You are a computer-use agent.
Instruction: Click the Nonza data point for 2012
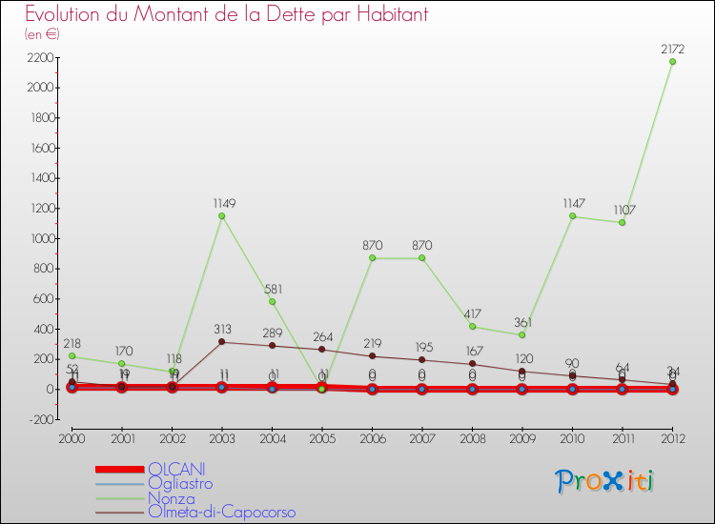click(x=672, y=62)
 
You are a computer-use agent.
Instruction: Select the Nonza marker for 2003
click(x=222, y=216)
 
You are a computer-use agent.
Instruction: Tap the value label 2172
click(x=672, y=48)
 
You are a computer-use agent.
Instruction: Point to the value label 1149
click(x=222, y=203)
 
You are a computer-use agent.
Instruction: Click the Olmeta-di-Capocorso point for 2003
click(x=222, y=342)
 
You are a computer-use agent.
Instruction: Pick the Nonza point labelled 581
click(x=272, y=302)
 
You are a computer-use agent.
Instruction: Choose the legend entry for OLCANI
click(x=176, y=469)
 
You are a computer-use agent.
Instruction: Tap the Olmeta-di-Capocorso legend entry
click(x=221, y=512)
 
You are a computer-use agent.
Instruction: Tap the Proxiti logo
click(x=604, y=481)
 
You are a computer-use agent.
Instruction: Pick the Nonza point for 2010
click(x=572, y=216)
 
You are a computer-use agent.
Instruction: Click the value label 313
click(x=222, y=329)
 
